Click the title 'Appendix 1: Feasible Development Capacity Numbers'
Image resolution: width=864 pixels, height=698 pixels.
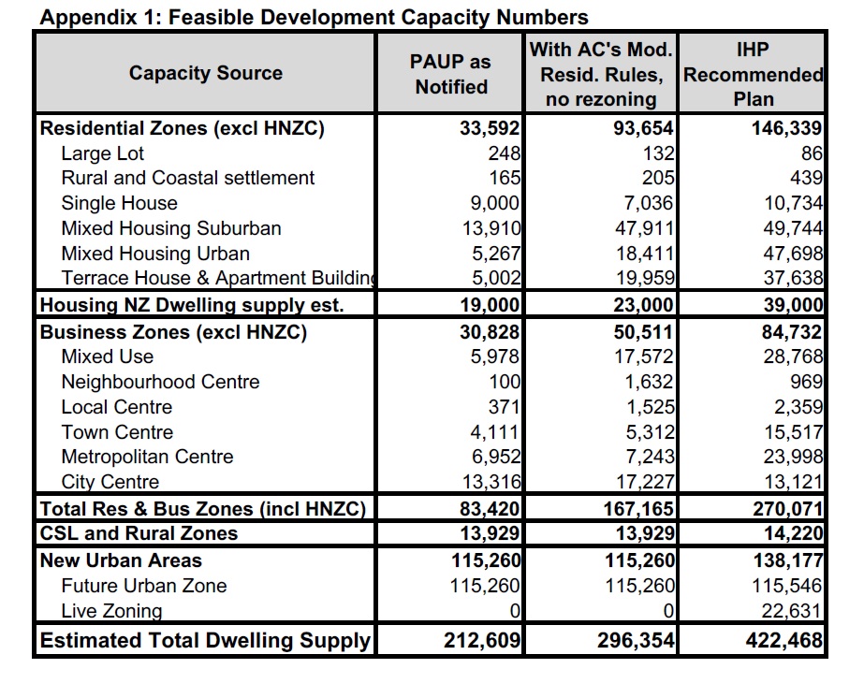[x=315, y=17]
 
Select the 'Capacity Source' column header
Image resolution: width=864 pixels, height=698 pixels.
[x=205, y=73]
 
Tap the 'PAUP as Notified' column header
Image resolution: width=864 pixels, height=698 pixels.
[x=450, y=74]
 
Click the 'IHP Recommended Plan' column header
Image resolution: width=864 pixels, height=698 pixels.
[x=754, y=74]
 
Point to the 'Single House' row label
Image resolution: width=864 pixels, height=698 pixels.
[x=119, y=203]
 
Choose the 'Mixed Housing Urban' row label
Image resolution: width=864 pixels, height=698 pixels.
[x=155, y=254]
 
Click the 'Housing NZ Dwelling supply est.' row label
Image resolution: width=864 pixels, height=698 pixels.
[x=191, y=305]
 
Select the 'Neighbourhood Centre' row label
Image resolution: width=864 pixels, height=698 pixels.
[x=160, y=382]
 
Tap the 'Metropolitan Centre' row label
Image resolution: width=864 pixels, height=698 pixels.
[x=147, y=457]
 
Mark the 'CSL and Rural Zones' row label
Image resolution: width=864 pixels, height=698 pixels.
[x=139, y=533]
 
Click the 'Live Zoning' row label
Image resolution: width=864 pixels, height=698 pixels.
[x=111, y=611]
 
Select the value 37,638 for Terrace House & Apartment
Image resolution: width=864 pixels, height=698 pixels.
[x=790, y=278]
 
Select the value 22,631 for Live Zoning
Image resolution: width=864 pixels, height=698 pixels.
[x=790, y=611]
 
